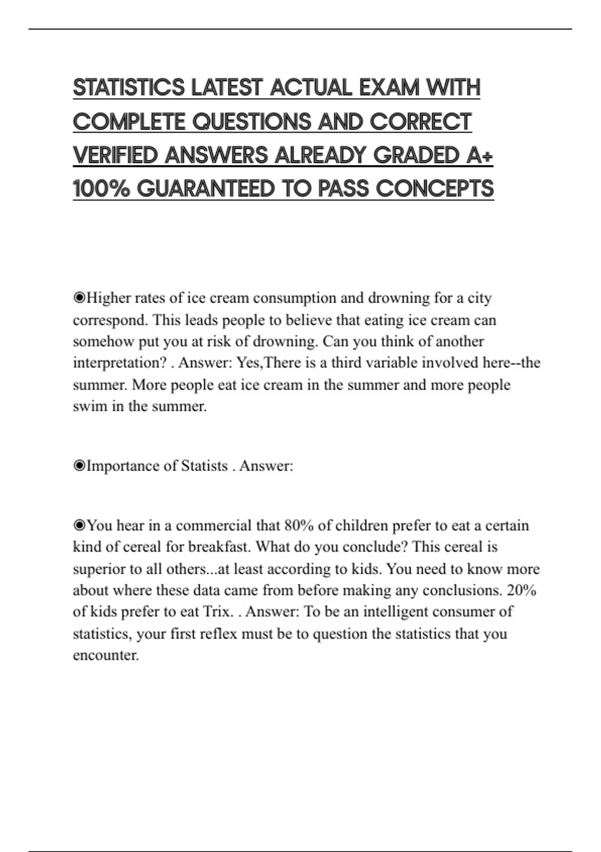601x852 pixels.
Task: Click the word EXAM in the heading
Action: point(389,88)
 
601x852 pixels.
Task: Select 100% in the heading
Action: point(101,189)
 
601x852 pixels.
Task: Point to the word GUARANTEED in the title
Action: point(205,189)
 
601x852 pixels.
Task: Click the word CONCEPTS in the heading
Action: point(434,189)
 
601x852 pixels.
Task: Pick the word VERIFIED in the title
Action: point(115,155)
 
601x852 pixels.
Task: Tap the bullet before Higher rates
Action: point(79,298)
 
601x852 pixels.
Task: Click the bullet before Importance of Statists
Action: point(79,466)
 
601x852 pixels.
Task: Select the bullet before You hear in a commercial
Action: point(79,525)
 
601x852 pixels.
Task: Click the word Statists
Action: point(204,466)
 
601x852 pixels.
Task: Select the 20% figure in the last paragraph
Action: point(521,590)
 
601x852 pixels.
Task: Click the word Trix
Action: point(218,612)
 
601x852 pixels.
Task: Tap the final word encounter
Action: point(106,656)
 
